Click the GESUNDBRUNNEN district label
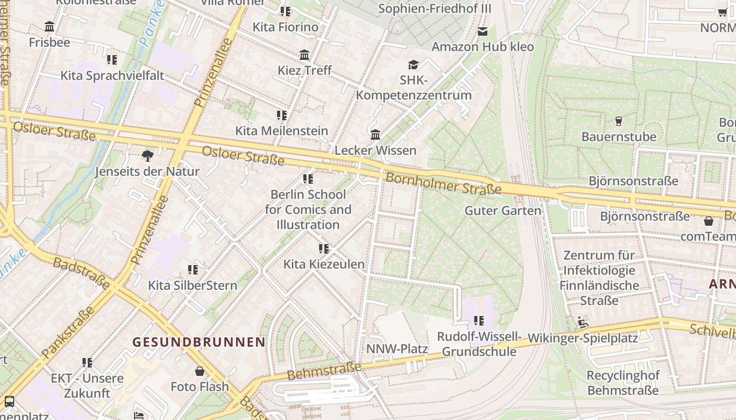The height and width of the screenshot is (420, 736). click(199, 342)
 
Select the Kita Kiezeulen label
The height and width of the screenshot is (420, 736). click(324, 264)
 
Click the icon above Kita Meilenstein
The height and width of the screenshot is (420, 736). click(282, 115)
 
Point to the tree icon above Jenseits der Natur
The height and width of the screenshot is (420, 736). click(148, 155)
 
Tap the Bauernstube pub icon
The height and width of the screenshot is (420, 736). click(618, 121)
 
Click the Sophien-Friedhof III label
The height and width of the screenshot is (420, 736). click(435, 9)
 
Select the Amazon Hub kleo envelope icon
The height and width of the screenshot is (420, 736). click(483, 31)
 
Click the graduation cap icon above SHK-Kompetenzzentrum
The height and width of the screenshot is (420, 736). click(414, 65)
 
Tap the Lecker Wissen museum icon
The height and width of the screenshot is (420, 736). click(375, 135)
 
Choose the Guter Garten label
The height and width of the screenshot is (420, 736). click(503, 211)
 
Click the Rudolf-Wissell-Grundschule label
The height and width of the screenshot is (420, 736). click(479, 344)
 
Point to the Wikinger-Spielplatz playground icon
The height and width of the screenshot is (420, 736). click(582, 322)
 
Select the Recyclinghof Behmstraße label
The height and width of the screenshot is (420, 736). click(623, 383)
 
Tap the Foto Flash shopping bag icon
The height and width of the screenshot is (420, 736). click(200, 371)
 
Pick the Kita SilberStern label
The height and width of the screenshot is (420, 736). click(192, 286)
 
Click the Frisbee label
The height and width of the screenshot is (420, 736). click(49, 42)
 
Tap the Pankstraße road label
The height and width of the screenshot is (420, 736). click(67, 332)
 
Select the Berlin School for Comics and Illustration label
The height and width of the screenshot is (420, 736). click(308, 209)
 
